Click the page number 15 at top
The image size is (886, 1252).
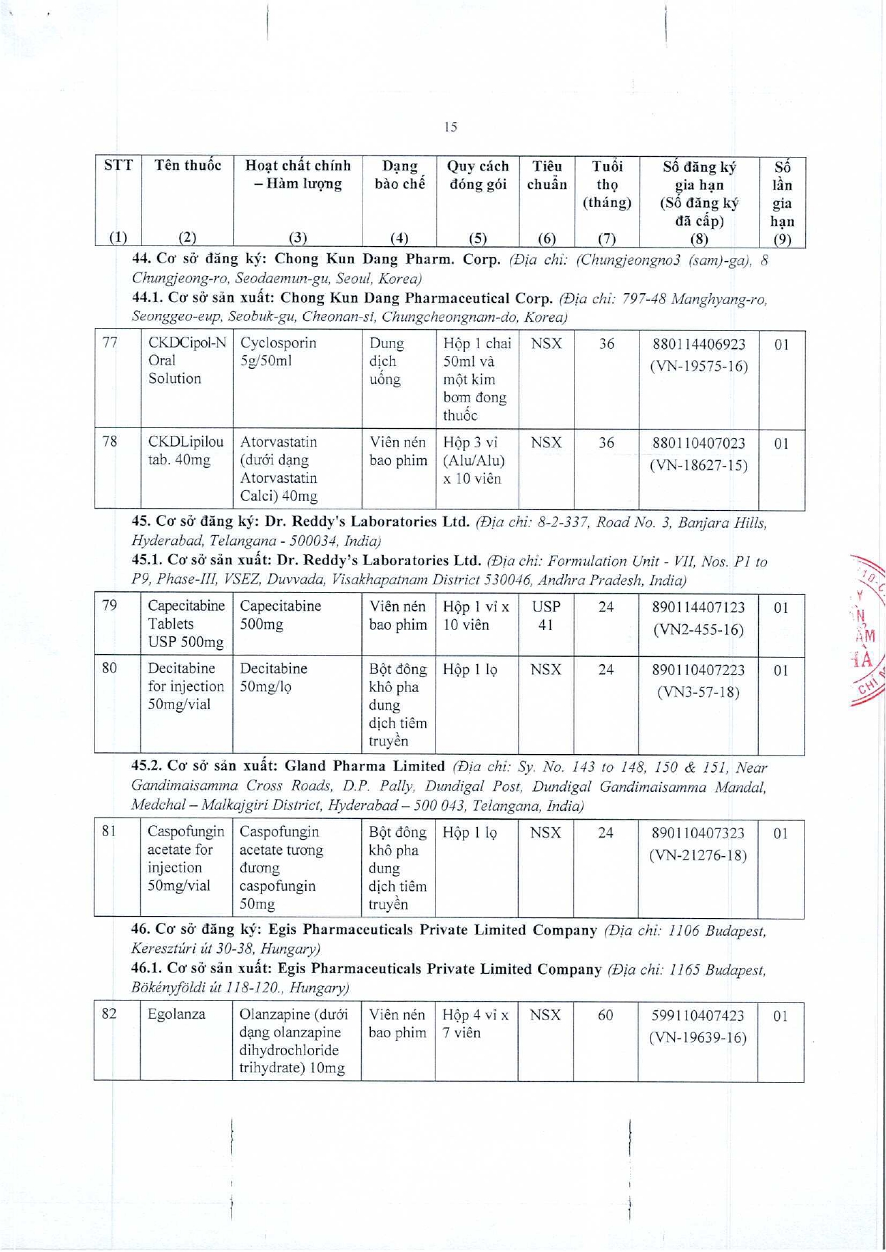point(450,127)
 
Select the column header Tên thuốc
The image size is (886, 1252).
point(188,166)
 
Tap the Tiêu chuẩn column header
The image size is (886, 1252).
point(546,175)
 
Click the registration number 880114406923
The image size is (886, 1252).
point(698,345)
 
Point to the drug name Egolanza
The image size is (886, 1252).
point(176,1014)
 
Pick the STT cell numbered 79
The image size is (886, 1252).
point(110,606)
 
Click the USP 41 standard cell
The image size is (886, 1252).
point(546,616)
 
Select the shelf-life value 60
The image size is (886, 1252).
point(605,1015)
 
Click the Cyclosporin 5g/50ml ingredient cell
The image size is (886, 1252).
point(278,352)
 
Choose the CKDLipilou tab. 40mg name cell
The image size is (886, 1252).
point(185,451)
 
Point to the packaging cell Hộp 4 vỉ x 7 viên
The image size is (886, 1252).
point(475,1024)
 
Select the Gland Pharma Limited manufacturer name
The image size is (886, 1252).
point(365,766)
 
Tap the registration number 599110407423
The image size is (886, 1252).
point(698,1015)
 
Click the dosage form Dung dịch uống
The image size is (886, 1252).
point(387,361)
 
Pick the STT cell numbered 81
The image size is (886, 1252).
point(109,831)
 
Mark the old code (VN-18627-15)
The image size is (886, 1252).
point(698,466)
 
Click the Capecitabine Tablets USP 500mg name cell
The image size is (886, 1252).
point(186,624)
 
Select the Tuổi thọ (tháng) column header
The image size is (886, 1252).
point(606,184)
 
